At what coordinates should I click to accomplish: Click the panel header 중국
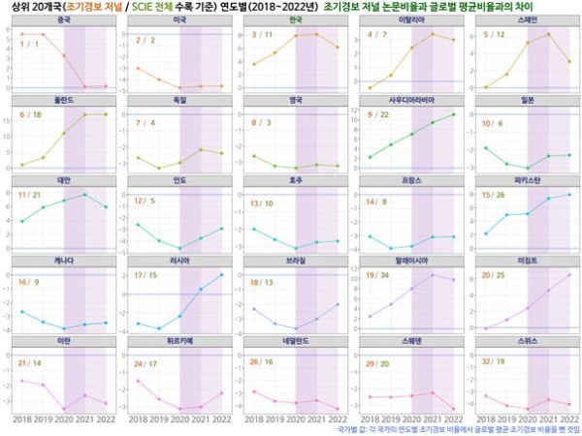(x=64, y=19)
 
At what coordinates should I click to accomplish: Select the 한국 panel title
(x=295, y=19)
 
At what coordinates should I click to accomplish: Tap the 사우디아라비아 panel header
(x=410, y=100)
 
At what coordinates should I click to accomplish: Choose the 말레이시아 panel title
(x=410, y=261)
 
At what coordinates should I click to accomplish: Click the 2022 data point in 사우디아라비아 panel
(x=453, y=114)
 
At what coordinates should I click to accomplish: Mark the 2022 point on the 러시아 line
(x=221, y=275)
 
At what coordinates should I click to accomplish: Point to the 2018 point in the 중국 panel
(x=21, y=34)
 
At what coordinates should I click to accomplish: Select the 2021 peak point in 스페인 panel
(x=548, y=34)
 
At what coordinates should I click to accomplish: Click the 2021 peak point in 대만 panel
(x=85, y=195)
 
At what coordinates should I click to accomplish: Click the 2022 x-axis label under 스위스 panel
(x=567, y=420)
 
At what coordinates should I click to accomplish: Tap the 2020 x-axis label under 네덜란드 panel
(x=296, y=420)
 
